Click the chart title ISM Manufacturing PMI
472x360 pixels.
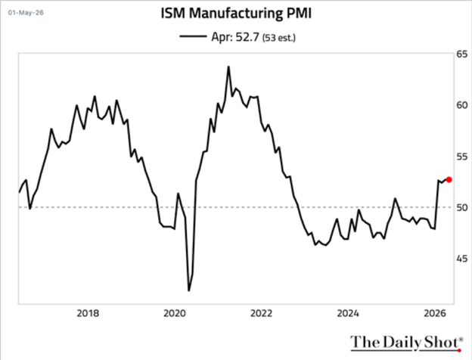click(236, 14)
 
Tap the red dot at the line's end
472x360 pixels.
click(449, 180)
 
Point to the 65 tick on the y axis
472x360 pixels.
click(462, 54)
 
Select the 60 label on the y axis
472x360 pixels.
click(462, 105)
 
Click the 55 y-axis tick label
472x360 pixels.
click(462, 157)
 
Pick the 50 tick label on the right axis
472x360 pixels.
click(462, 207)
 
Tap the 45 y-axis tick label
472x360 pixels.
click(462, 258)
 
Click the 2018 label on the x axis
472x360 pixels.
click(88, 313)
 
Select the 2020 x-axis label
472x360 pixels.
click(175, 313)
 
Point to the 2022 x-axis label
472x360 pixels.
click(261, 313)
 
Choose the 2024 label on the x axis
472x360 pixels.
click(348, 313)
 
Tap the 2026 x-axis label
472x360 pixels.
click(435, 313)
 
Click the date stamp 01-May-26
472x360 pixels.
click(26, 13)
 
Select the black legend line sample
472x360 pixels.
click(193, 36)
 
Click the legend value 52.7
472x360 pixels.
click(247, 37)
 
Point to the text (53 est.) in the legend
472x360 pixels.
click(279, 38)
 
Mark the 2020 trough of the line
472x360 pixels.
click(189, 290)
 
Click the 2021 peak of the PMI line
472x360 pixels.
click(228, 67)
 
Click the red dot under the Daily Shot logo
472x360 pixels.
click(459, 350)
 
